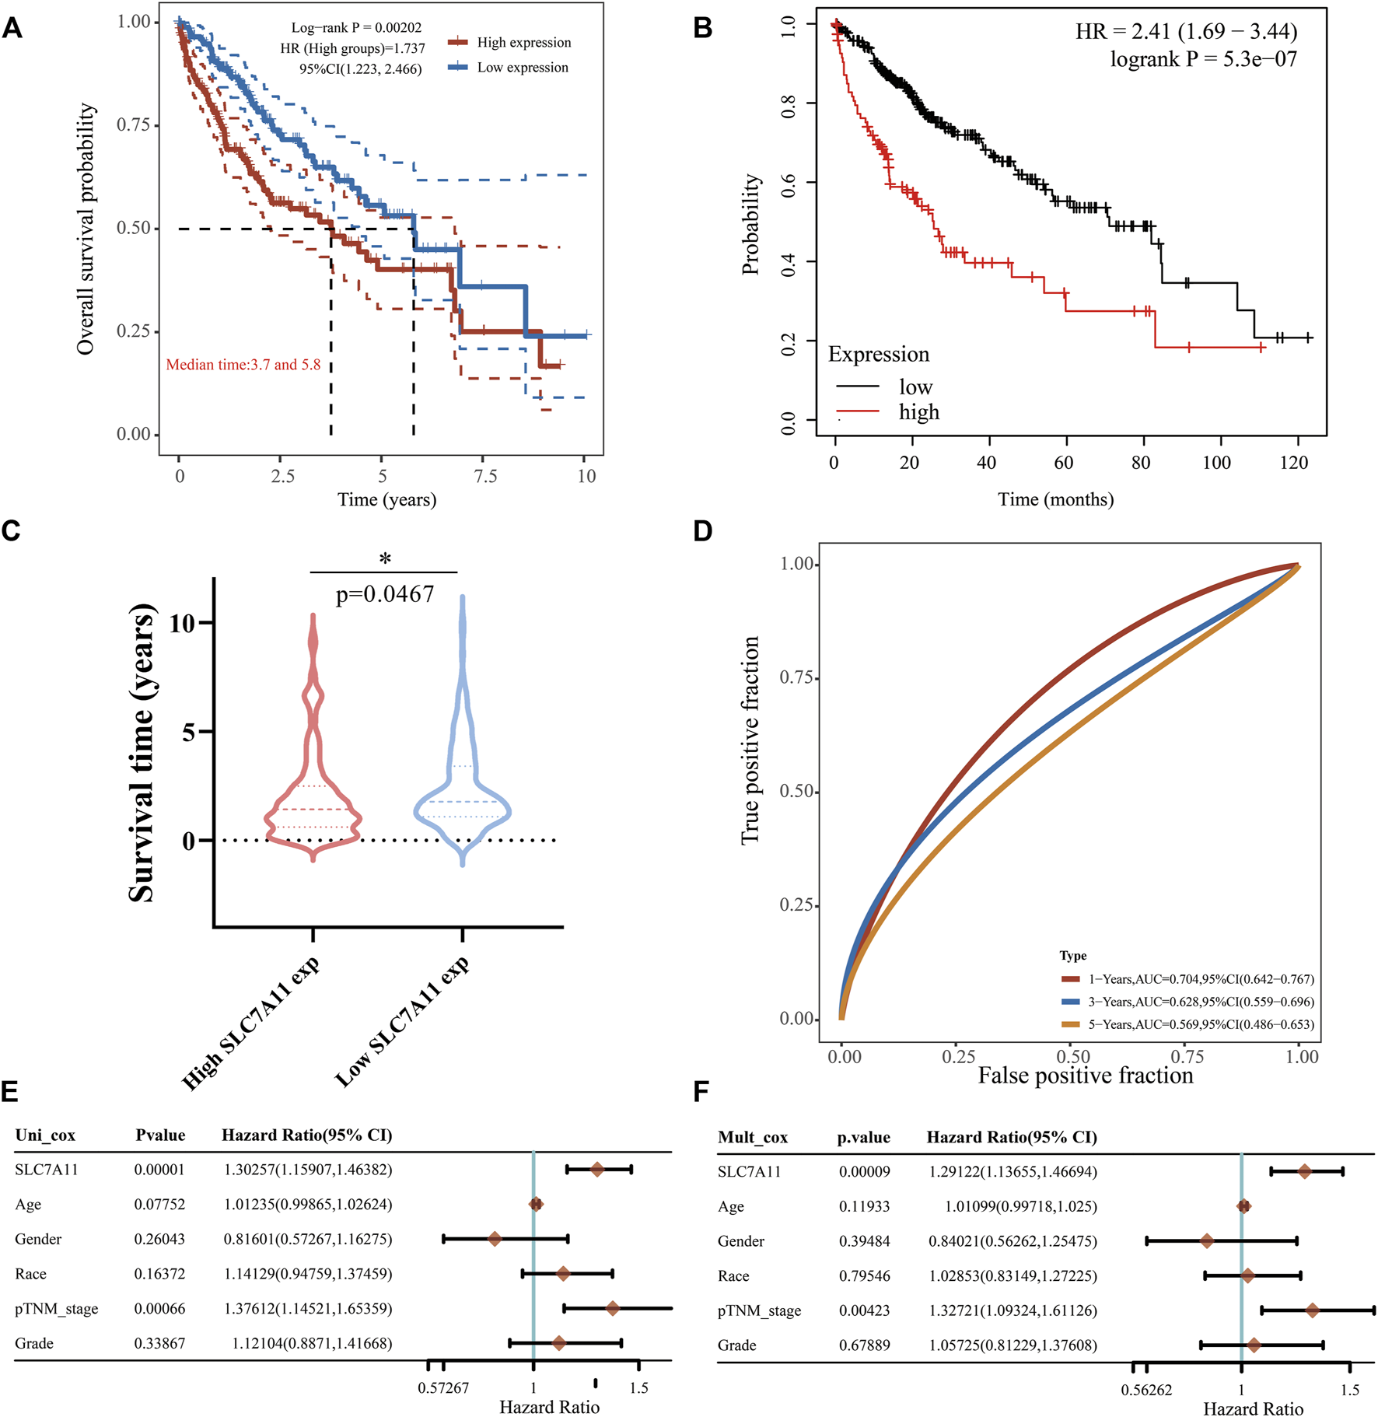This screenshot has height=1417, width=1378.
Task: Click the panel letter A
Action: click(x=12, y=28)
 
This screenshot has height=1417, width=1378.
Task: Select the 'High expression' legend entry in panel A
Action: click(x=523, y=43)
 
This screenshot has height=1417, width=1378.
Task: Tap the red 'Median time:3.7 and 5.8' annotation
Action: click(x=243, y=365)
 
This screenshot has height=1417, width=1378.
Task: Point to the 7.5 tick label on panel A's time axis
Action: click(x=484, y=476)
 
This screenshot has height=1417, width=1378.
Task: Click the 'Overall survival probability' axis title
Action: click(x=86, y=229)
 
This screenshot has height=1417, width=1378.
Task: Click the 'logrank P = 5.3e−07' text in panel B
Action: click(x=1203, y=59)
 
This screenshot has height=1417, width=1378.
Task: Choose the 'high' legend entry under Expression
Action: click(x=918, y=412)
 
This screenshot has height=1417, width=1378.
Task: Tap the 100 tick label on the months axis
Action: click(x=1216, y=463)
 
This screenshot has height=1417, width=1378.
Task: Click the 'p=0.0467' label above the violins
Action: click(x=385, y=594)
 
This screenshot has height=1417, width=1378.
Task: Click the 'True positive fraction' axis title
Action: click(x=750, y=740)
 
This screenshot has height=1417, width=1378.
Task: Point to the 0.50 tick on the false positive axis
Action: click(x=1072, y=1056)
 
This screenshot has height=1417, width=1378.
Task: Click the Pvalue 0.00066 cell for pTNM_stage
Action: click(x=159, y=1308)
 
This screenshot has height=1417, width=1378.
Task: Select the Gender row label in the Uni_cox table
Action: click(x=38, y=1239)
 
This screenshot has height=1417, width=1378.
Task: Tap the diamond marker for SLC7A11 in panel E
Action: click(x=597, y=1169)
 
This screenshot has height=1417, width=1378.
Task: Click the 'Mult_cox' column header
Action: click(x=752, y=1137)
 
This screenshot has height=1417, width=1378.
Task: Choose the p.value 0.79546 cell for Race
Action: click(x=864, y=1275)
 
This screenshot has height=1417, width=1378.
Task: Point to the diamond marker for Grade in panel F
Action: click(x=1254, y=1345)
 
